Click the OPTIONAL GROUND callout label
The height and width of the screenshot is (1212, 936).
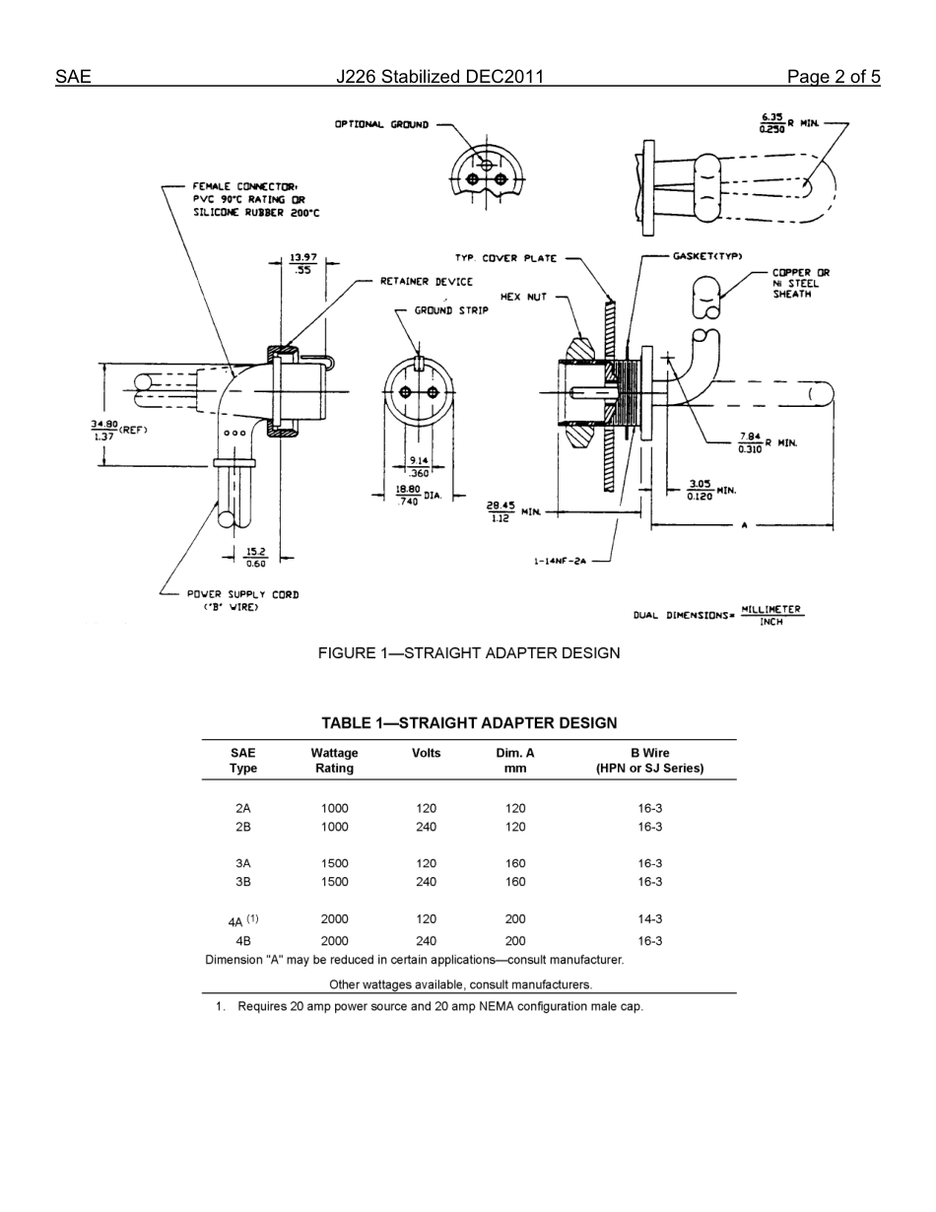coord(381,125)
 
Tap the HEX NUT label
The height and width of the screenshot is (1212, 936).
coord(523,296)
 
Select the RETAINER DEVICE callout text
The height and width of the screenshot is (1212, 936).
coord(426,282)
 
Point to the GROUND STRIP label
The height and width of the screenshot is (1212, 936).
coord(450,310)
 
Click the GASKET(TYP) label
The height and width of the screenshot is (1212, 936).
coord(707,256)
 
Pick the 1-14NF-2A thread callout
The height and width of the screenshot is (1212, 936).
coord(560,561)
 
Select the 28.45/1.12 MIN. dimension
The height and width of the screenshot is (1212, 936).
coord(512,511)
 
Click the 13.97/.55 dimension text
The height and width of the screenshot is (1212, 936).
coord(302,263)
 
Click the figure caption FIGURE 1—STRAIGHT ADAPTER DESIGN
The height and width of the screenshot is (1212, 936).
coord(468,653)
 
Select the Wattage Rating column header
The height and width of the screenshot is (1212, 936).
coord(334,760)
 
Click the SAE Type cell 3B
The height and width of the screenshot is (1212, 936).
coord(243,882)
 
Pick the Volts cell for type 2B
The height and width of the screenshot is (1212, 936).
coord(426,827)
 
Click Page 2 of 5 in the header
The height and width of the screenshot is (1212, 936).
coord(833,77)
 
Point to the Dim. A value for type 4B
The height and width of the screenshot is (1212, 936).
coord(515,941)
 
